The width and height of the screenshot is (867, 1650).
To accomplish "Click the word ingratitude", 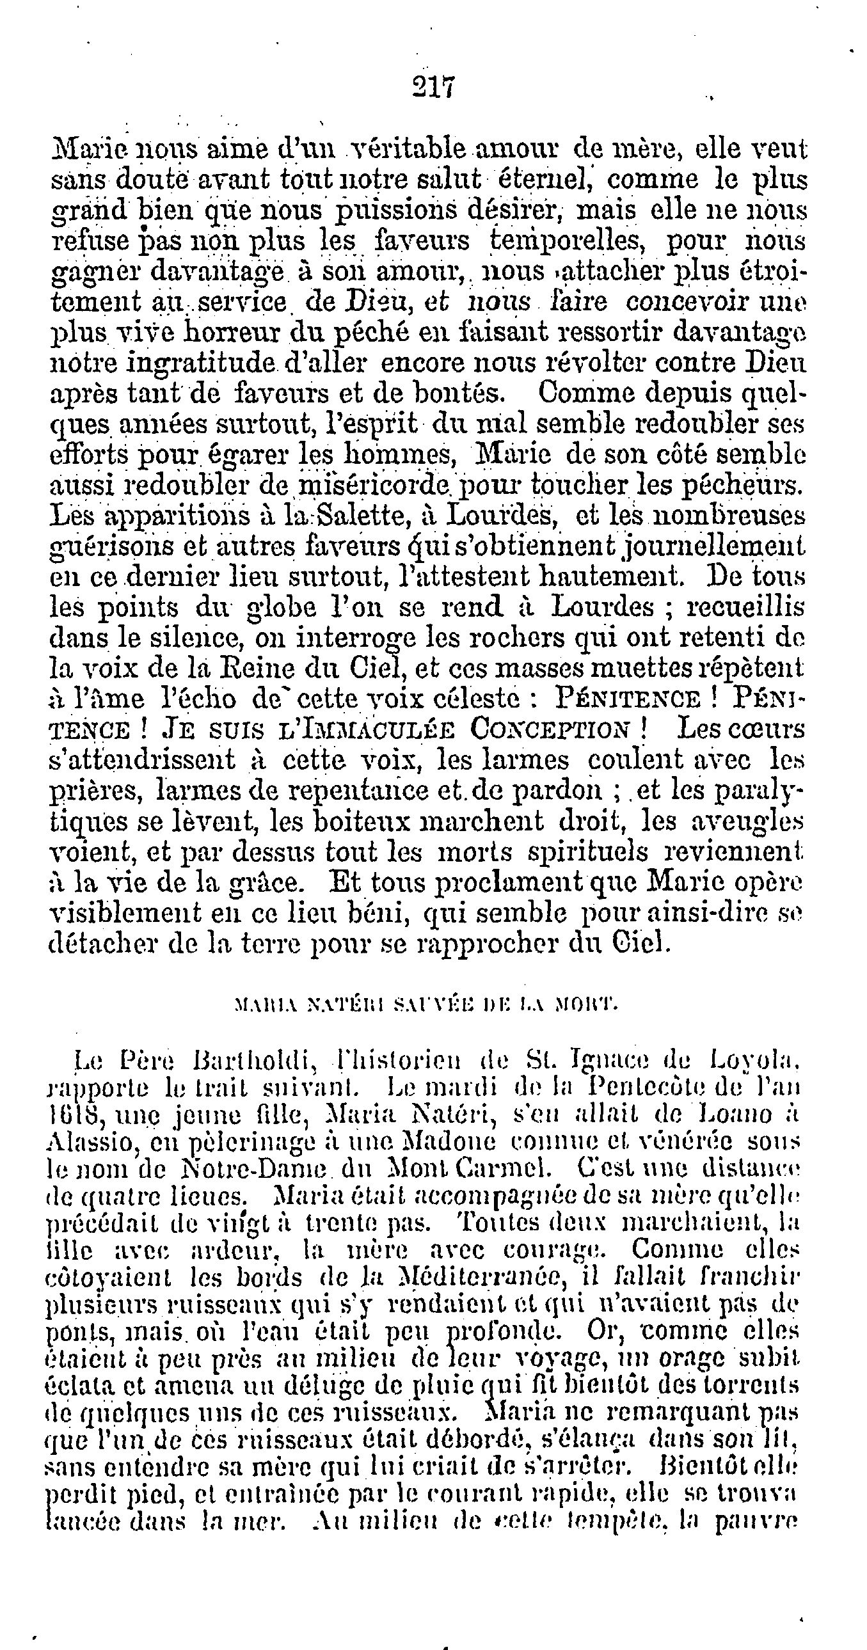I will [x=202, y=363].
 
